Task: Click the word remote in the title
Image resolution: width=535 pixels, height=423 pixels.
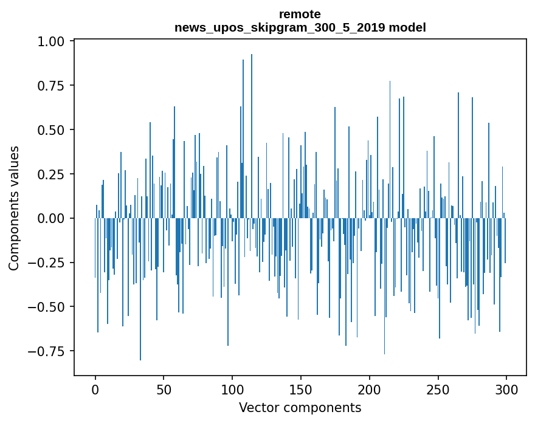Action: click(x=300, y=14)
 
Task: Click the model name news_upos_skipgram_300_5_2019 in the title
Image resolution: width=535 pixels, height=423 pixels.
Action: click(x=280, y=27)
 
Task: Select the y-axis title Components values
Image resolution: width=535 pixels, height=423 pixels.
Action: click(x=14, y=208)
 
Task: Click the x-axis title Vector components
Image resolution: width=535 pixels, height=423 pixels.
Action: click(x=300, y=408)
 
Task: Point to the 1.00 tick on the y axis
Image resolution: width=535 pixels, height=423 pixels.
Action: click(x=53, y=41)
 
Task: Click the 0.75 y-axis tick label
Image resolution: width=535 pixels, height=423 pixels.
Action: click(x=53, y=86)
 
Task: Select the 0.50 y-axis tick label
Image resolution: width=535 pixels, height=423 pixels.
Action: click(x=53, y=130)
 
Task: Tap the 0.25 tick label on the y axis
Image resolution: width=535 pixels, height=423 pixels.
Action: click(x=53, y=174)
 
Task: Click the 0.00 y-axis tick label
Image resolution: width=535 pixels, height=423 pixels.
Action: click(x=53, y=218)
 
